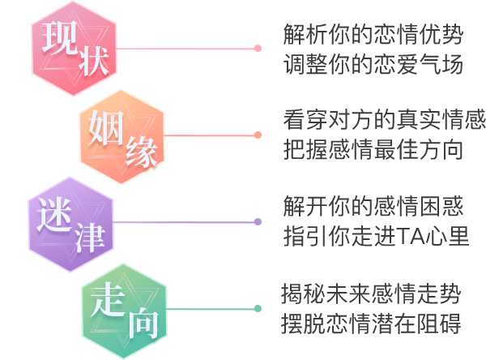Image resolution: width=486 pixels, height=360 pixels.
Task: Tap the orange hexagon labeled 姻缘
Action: [122, 135]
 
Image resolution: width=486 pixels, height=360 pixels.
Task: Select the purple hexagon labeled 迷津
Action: [70, 222]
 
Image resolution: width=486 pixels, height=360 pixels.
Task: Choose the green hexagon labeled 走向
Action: [124, 310]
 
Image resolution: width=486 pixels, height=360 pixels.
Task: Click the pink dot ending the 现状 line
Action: [258, 48]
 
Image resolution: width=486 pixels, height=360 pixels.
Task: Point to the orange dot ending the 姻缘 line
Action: [258, 135]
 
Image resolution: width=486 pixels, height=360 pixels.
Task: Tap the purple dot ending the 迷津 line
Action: [258, 221]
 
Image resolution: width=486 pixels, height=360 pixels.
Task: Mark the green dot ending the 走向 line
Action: [258, 308]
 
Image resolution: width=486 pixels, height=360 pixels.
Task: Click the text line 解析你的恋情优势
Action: [373, 35]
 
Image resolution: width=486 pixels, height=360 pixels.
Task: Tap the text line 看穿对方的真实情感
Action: [384, 121]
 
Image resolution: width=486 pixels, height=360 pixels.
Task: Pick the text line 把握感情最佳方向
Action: [373, 151]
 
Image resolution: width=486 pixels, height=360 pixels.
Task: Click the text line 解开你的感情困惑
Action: [373, 208]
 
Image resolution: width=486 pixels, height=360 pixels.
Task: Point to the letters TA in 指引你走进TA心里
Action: [411, 238]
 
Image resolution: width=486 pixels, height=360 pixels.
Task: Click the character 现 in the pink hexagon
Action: [58, 36]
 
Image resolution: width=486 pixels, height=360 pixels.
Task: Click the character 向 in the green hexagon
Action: [143, 325]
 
